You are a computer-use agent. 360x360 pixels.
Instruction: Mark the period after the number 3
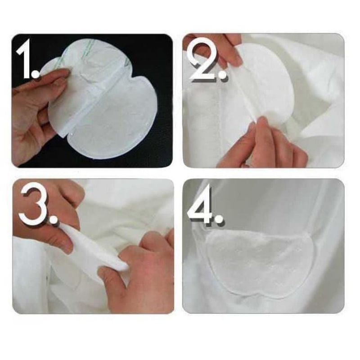[x=53, y=219]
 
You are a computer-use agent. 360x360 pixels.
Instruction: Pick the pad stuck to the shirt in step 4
[x=256, y=261]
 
